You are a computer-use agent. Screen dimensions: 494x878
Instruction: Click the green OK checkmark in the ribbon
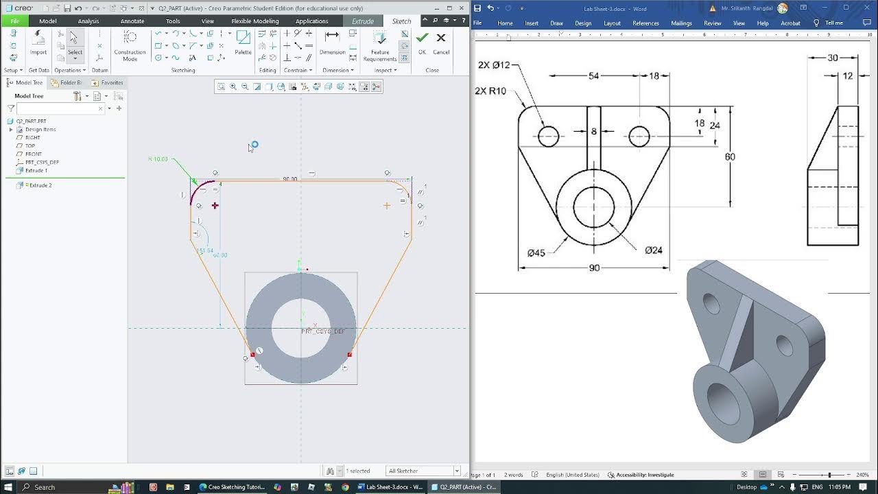pyautogui.click(x=422, y=38)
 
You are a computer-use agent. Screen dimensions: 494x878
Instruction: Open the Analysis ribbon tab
pyautogui.click(x=88, y=21)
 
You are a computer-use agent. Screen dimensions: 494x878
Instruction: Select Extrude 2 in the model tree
pyautogui.click(x=40, y=185)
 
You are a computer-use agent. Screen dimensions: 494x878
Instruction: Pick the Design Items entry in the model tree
pyautogui.click(x=40, y=130)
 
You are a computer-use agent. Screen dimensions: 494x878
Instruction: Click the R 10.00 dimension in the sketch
pyautogui.click(x=158, y=159)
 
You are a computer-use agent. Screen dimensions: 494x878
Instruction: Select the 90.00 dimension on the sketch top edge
pyautogui.click(x=290, y=179)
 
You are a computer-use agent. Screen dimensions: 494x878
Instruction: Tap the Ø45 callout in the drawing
pyautogui.click(x=536, y=253)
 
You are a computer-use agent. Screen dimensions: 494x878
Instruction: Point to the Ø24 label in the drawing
pyautogui.click(x=654, y=250)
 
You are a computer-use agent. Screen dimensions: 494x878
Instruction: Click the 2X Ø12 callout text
pyautogui.click(x=494, y=65)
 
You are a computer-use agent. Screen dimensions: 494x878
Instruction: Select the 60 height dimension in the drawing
pyautogui.click(x=730, y=157)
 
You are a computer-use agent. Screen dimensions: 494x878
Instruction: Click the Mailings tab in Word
pyautogui.click(x=681, y=23)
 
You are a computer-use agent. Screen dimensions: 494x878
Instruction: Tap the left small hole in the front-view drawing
pyautogui.click(x=548, y=137)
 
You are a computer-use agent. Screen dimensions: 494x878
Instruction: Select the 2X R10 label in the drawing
pyautogui.click(x=490, y=91)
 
